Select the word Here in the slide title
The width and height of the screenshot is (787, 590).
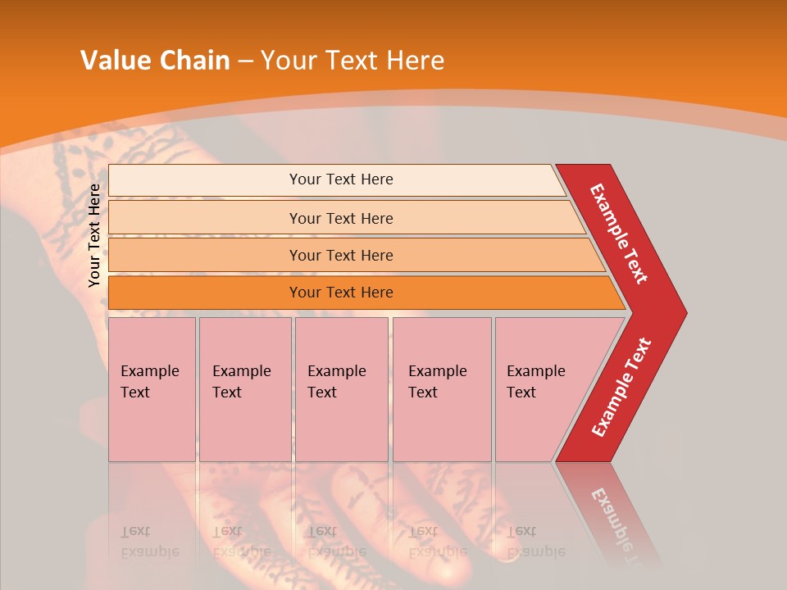415,61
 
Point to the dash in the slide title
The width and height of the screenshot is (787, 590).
245,61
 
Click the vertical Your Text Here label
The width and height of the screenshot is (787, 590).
95,235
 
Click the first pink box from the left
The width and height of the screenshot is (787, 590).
152,389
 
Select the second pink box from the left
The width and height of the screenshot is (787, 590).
244,389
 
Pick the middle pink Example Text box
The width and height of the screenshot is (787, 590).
341,389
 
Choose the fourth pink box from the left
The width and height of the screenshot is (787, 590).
441,389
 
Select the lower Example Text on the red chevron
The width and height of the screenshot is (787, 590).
621,388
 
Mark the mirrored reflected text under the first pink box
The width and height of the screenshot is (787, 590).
149,542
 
